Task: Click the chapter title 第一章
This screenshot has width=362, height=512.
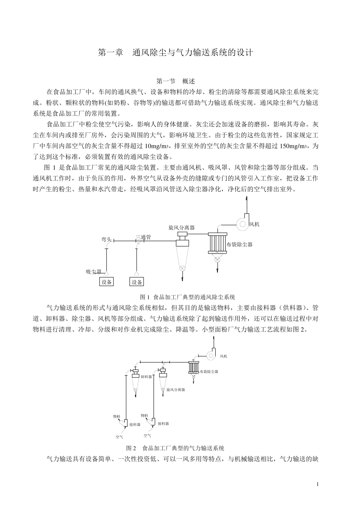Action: (111, 53)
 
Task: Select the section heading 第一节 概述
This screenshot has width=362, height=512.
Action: (176, 82)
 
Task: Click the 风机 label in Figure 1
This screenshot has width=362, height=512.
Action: (254, 224)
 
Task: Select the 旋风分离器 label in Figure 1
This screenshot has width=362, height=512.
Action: (182, 227)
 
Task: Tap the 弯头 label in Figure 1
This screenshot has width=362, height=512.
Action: (106, 239)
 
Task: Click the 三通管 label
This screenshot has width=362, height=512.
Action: (143, 237)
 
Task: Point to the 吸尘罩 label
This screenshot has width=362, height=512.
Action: (93, 272)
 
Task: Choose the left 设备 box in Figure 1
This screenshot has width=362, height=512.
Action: (107, 282)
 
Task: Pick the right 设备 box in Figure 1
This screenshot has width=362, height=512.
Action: (137, 282)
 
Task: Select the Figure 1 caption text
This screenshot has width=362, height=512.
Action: (187, 297)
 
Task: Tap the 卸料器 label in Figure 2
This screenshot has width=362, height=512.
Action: (146, 376)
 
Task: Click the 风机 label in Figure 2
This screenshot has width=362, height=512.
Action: (223, 356)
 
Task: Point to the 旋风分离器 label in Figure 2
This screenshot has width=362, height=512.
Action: (176, 390)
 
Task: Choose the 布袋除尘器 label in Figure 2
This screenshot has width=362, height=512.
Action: (210, 371)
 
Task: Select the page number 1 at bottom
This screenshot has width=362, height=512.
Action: (317, 484)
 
